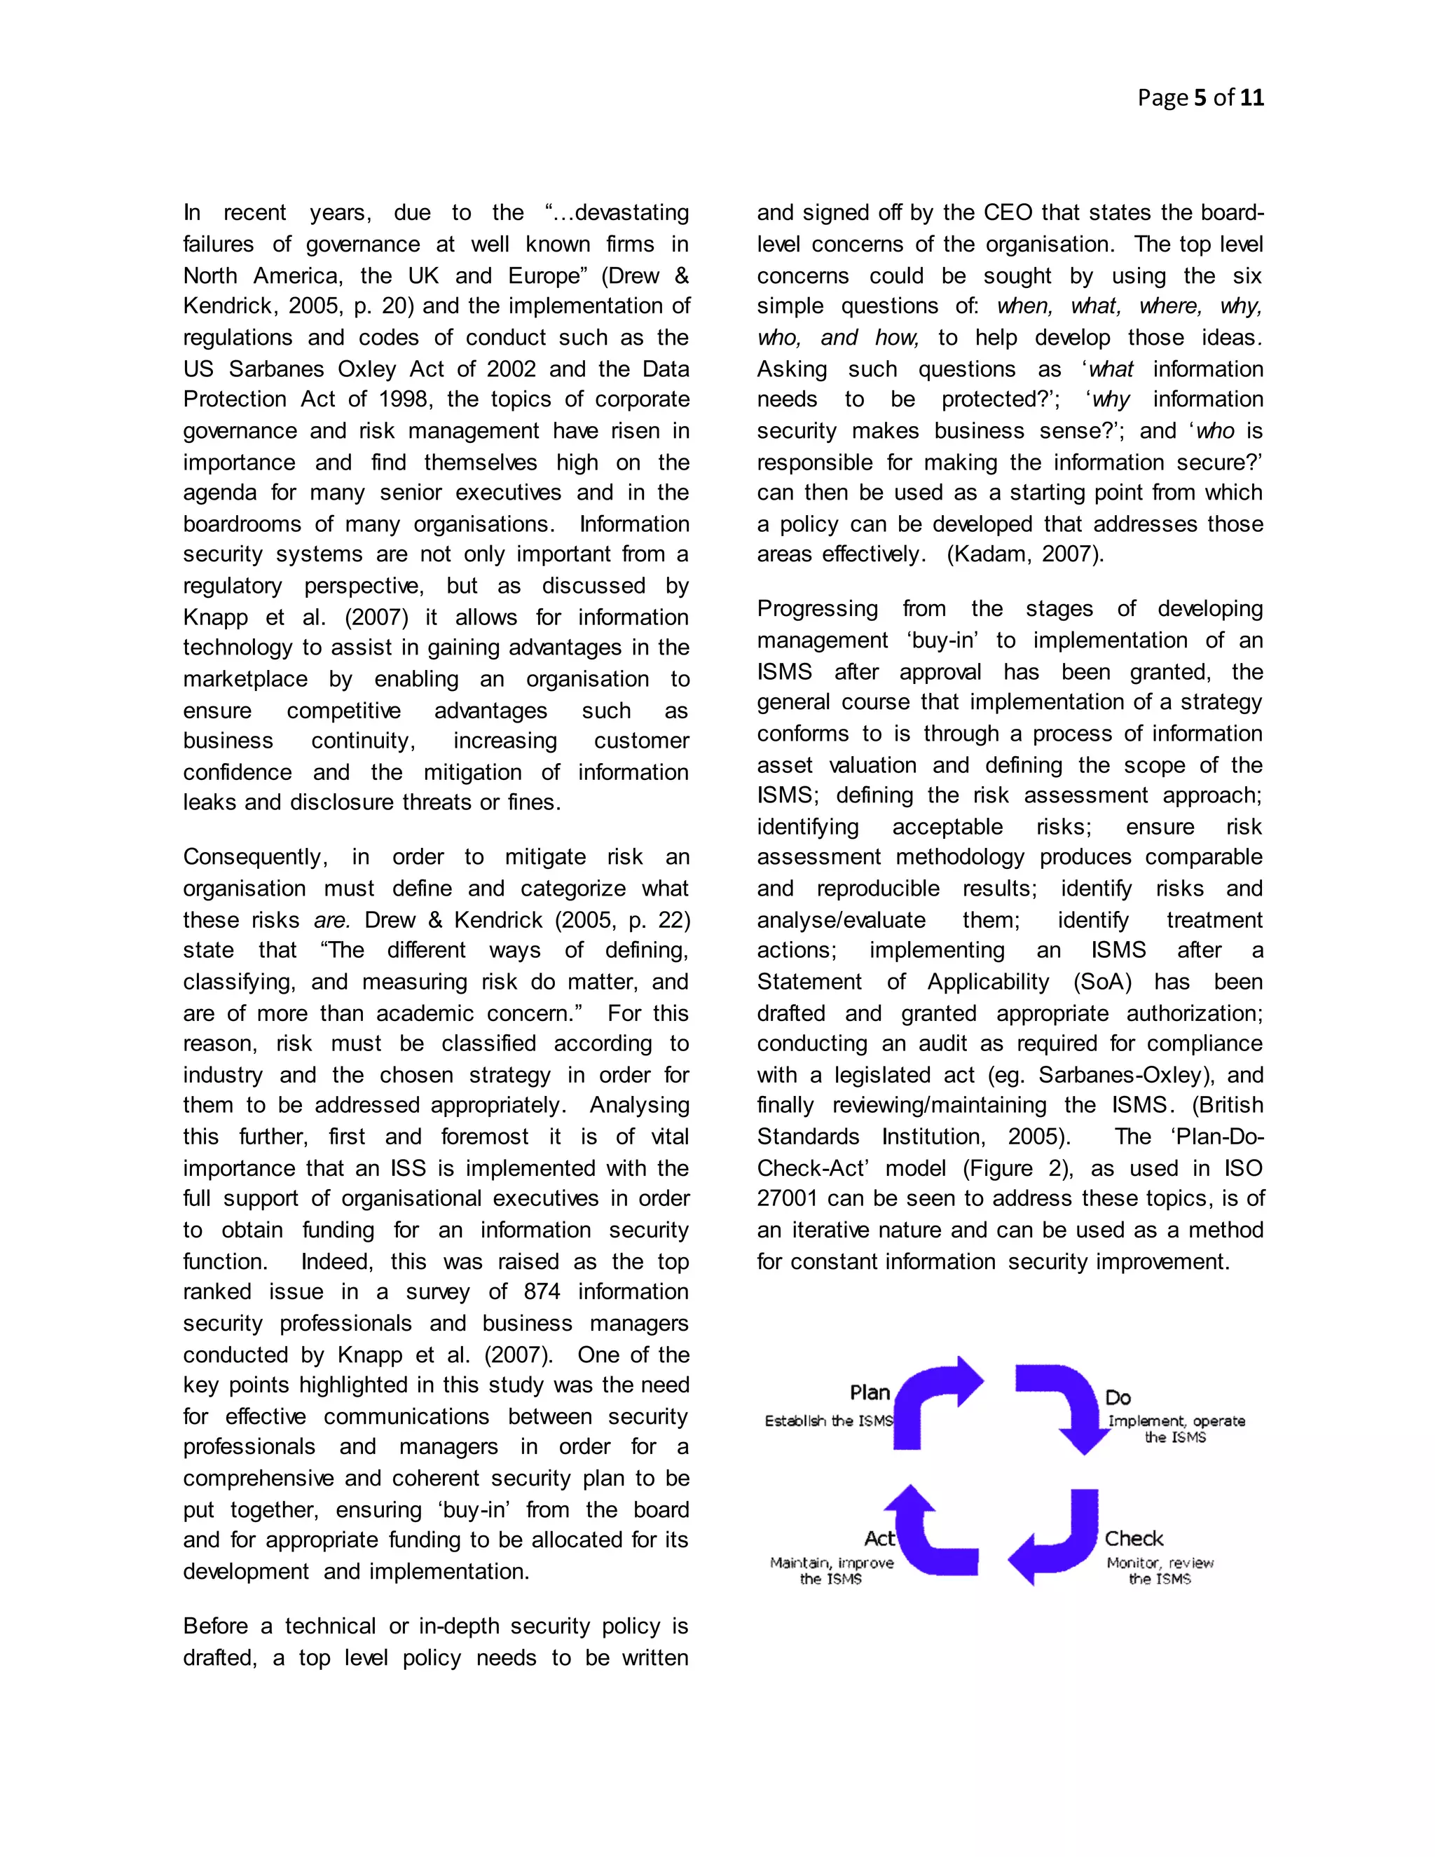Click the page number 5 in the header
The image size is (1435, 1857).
[1200, 98]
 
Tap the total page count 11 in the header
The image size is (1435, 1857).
[1251, 98]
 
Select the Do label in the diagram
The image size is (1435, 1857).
[1118, 1398]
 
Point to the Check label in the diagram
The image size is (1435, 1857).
[1133, 1538]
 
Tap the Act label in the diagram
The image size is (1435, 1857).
[879, 1538]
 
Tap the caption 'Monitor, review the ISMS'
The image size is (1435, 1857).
[1160, 1570]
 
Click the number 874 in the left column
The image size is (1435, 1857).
[542, 1291]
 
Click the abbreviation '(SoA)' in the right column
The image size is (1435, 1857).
[1101, 982]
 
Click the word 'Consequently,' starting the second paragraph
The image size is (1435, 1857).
[255, 857]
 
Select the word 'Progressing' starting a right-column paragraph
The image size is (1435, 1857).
[817, 609]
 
